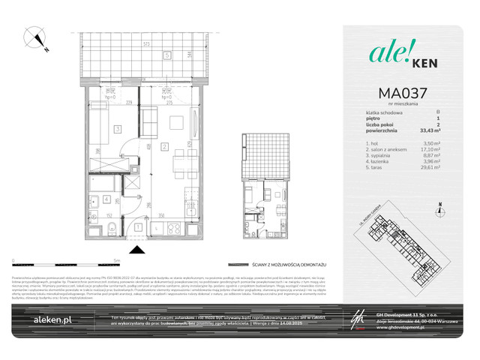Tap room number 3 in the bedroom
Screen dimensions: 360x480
[117, 129]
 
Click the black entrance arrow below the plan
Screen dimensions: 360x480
[137, 250]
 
